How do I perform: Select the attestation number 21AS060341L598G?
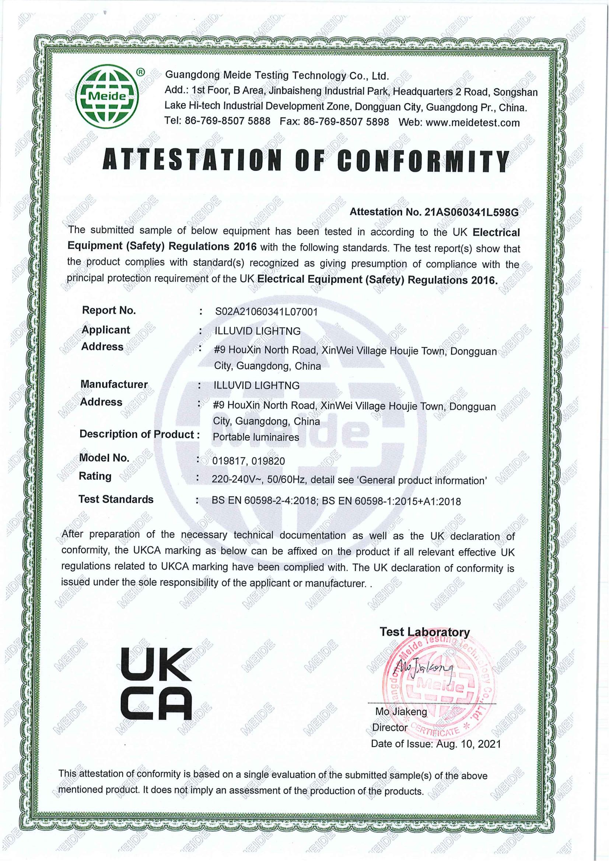click(x=471, y=213)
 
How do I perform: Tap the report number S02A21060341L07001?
click(x=266, y=312)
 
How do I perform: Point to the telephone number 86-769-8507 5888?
click(x=227, y=121)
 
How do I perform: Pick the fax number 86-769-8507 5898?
click(x=346, y=122)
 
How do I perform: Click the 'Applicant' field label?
click(x=106, y=329)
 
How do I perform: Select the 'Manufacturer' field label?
click(x=114, y=384)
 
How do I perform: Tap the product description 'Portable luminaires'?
click(x=256, y=437)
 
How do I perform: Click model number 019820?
click(x=268, y=461)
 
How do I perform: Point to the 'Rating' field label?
click(x=95, y=476)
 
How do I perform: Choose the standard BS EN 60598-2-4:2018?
click(x=264, y=501)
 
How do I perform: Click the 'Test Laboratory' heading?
click(x=424, y=632)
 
